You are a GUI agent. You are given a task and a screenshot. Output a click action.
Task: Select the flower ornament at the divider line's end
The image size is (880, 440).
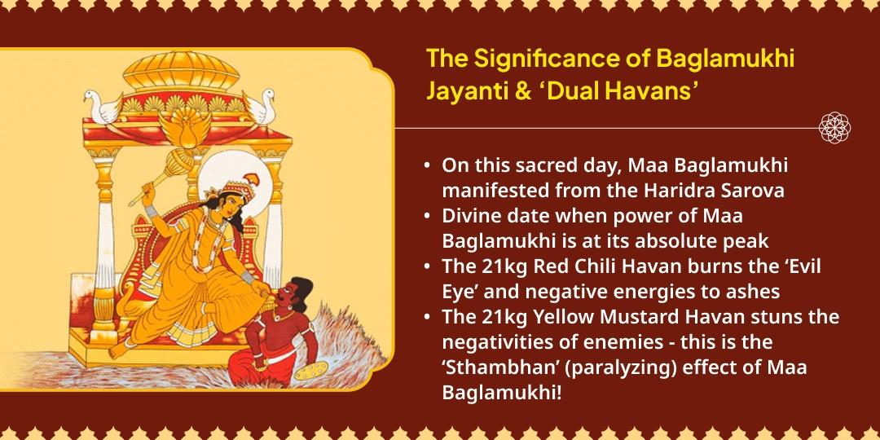click(x=834, y=128)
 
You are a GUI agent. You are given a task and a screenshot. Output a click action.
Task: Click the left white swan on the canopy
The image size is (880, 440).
click(x=103, y=105)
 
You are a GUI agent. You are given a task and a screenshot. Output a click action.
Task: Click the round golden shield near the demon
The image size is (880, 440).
click(x=309, y=371)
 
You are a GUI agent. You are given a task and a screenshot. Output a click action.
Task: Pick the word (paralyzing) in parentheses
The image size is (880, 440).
click(x=618, y=367)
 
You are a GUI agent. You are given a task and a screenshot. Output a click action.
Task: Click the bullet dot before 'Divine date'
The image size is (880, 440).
click(x=427, y=216)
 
